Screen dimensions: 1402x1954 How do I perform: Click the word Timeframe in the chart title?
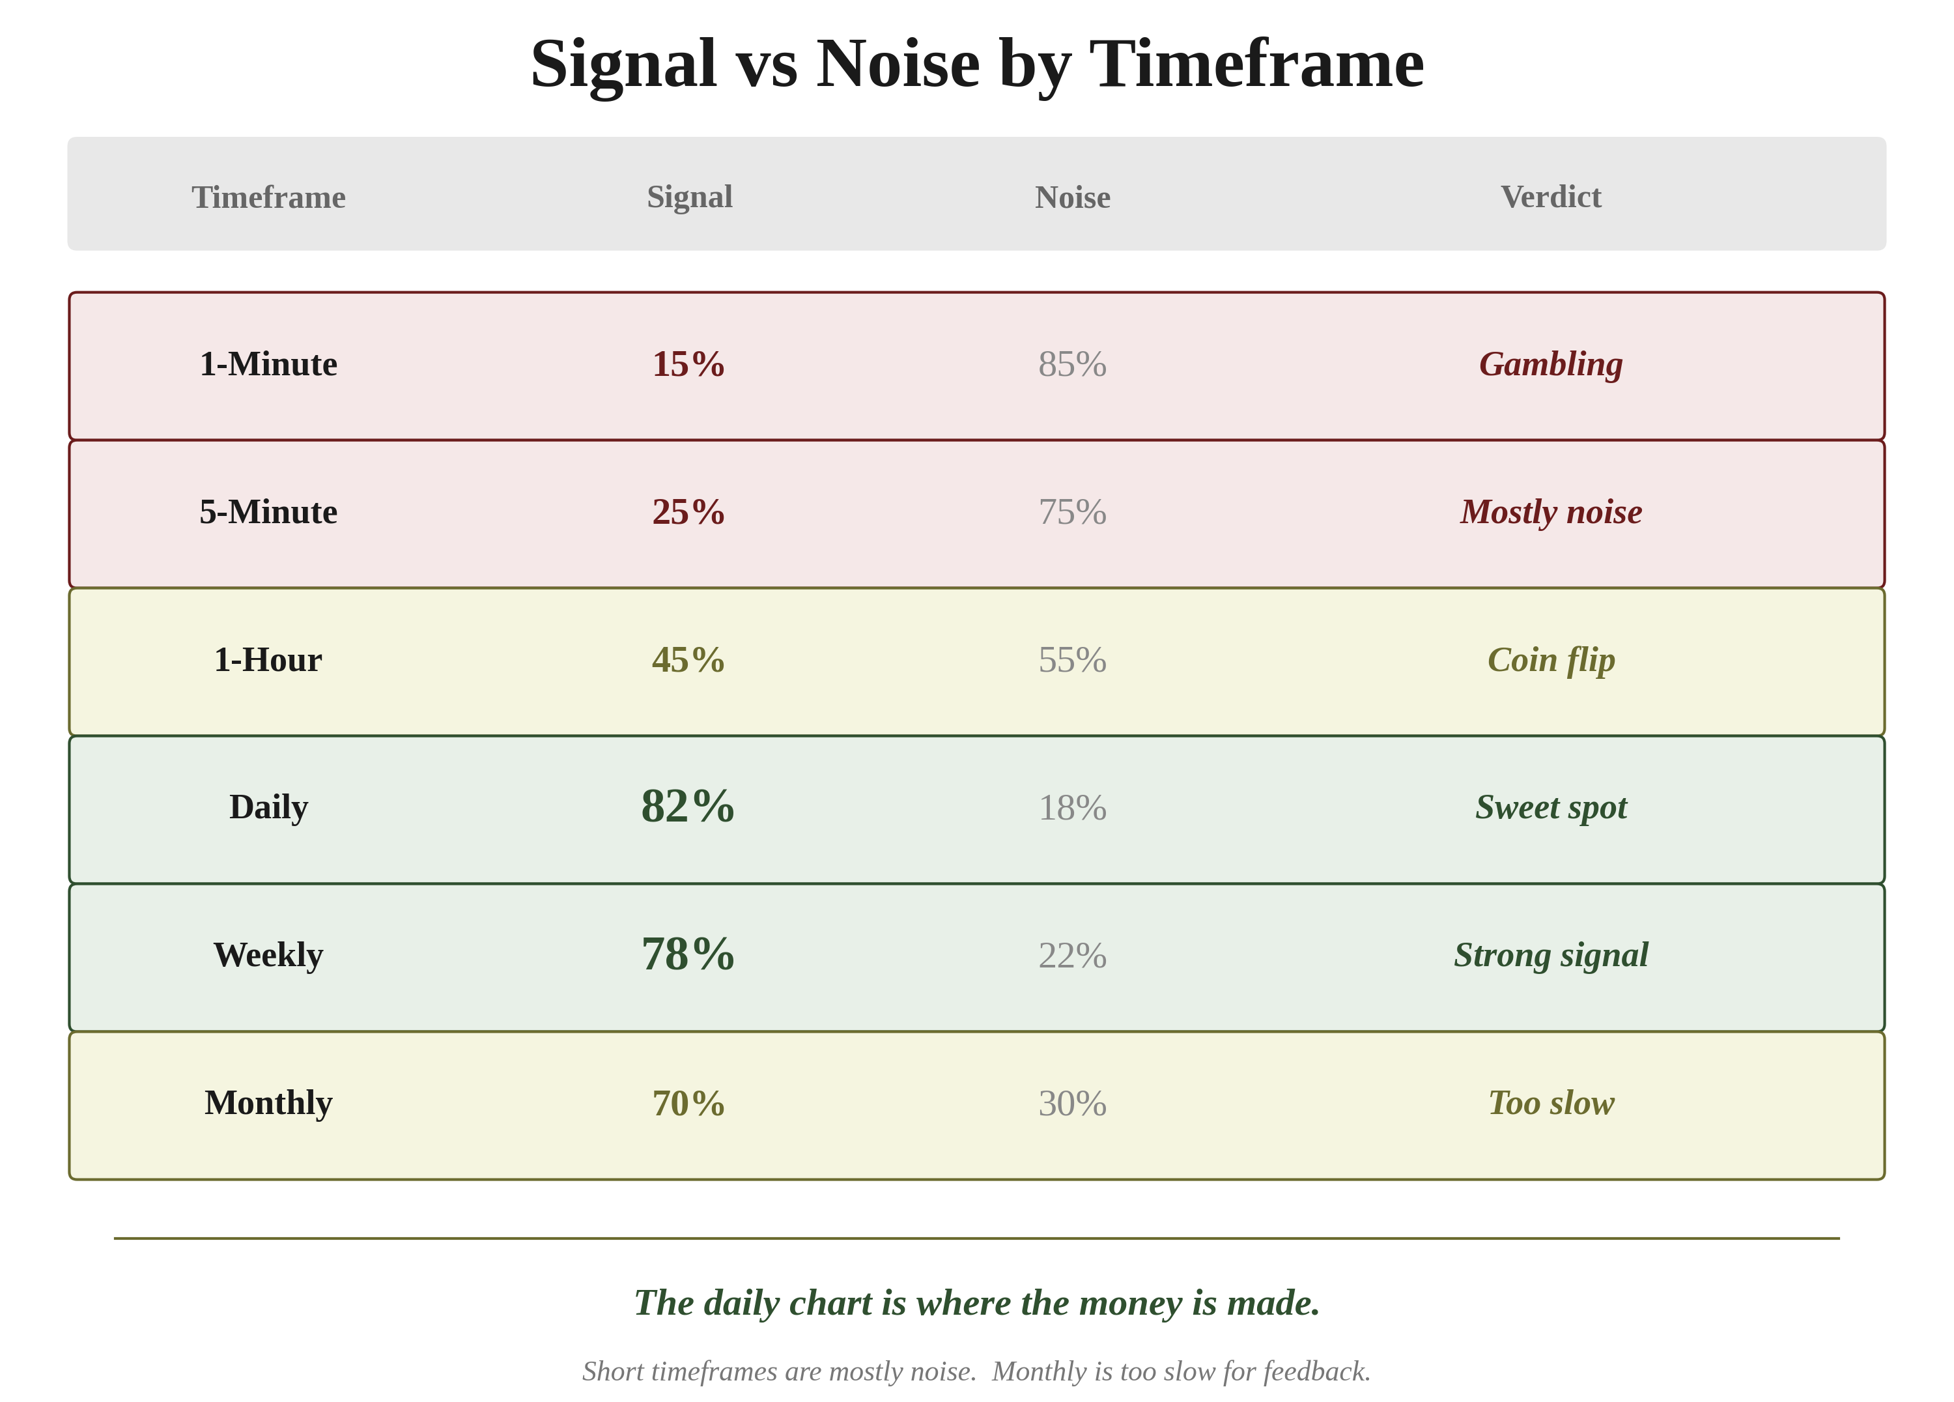pos(1256,64)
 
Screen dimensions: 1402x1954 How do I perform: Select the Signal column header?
pos(689,197)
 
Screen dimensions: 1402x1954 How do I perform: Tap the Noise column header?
pos(1072,197)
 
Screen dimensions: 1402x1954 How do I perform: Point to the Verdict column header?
pos(1551,197)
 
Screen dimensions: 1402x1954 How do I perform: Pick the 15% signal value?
pos(688,364)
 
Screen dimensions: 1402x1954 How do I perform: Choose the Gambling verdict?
pos(1551,364)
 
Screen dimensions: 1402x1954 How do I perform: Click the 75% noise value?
pos(1072,512)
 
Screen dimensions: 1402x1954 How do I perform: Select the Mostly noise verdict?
pos(1551,512)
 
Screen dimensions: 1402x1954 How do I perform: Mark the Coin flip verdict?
pos(1551,660)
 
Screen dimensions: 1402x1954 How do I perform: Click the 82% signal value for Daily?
pos(688,807)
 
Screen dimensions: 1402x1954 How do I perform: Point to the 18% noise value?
pos(1072,807)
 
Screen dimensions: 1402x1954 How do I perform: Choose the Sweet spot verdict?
pos(1551,807)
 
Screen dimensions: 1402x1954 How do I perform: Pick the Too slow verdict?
pos(1551,1103)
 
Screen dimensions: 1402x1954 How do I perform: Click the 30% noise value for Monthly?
pos(1072,1103)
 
